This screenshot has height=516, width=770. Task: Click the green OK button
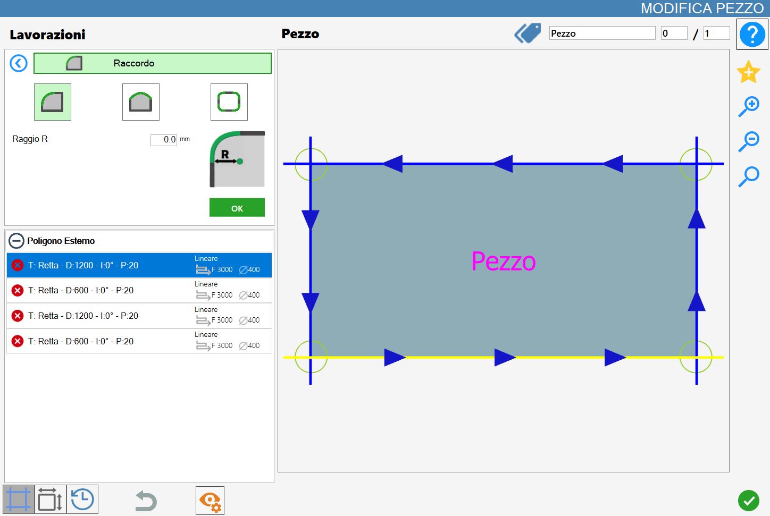click(x=237, y=207)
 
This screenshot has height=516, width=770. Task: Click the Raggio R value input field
click(x=164, y=139)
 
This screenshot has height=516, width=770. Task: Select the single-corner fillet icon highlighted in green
click(x=53, y=102)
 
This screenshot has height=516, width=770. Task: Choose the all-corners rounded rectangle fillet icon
click(x=229, y=102)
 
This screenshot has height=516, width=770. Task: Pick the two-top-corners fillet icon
click(x=141, y=102)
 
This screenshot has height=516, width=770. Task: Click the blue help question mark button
click(x=752, y=34)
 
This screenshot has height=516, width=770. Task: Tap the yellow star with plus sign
click(x=748, y=72)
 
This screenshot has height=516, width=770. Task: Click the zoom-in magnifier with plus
click(x=749, y=106)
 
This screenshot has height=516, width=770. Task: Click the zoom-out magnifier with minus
click(x=749, y=141)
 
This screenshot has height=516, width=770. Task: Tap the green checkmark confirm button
click(x=748, y=501)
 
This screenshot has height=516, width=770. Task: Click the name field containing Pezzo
click(x=602, y=33)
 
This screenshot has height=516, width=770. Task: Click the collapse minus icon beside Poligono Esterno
click(x=16, y=241)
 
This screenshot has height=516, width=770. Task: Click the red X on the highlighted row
click(x=18, y=265)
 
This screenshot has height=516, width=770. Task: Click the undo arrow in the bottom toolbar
click(x=146, y=501)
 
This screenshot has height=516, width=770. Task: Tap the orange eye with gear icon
click(x=210, y=501)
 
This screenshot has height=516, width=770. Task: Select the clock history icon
click(x=82, y=499)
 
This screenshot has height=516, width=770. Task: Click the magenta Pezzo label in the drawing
click(x=503, y=261)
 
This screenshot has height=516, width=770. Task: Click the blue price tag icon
click(x=528, y=33)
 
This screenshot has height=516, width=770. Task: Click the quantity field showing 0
click(x=674, y=33)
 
